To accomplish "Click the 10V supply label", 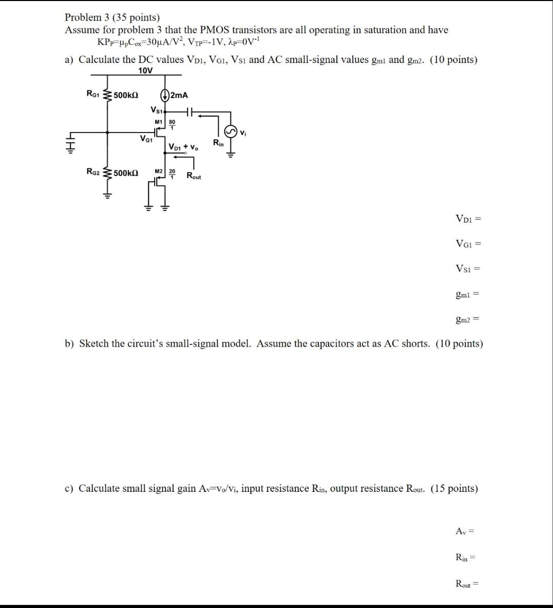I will point(145,71).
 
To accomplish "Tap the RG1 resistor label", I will point(93,94).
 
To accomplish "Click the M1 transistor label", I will point(158,121).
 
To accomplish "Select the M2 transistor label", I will point(158,171).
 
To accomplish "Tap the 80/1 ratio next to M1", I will point(172,123).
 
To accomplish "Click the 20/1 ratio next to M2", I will point(172,173).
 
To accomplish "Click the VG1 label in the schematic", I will point(146,138).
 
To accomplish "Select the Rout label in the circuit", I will point(194,177).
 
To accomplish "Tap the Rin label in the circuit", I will point(218,142).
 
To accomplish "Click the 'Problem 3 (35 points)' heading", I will point(112,17).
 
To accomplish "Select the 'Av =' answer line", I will point(465,531).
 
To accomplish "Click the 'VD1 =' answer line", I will point(468,219).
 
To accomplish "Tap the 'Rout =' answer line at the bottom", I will point(466,583).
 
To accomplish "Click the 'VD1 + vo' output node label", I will point(183,147).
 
